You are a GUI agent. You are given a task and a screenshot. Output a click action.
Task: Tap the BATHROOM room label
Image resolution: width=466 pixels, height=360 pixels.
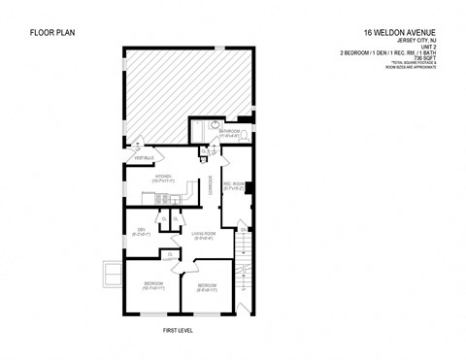[x=231, y=130]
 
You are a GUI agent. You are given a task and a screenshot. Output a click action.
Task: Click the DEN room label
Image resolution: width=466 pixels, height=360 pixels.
[x=140, y=233]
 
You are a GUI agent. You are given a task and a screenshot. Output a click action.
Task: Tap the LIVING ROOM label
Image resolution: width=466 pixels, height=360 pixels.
[x=203, y=235]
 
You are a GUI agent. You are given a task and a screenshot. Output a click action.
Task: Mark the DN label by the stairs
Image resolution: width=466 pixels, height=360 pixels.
[x=244, y=230]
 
